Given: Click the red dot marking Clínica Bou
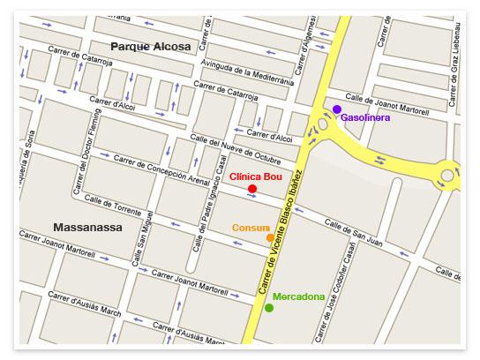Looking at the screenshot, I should pyautogui.click(x=252, y=189).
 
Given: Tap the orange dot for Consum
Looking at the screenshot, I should pyautogui.click(x=270, y=238).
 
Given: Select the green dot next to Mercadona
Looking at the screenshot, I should pyautogui.click(x=269, y=308).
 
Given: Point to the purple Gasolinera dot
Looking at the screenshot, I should pyautogui.click(x=337, y=109).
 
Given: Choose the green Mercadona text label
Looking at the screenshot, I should pyautogui.click(x=298, y=296).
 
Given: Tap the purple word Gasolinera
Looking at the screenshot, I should pyautogui.click(x=370, y=117).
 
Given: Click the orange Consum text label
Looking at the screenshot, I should pyautogui.click(x=251, y=227).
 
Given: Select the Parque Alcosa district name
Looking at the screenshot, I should pyautogui.click(x=150, y=45).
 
